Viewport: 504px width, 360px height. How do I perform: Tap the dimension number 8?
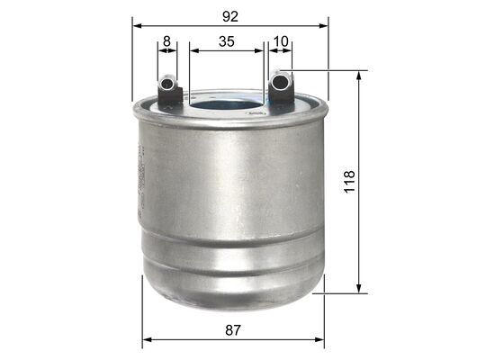point(166,40)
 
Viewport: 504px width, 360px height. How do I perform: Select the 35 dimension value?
point(227,40)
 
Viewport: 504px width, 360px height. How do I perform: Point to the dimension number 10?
point(281,40)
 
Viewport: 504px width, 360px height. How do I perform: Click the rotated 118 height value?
point(350,182)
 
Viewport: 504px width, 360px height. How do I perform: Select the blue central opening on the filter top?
point(225,105)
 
